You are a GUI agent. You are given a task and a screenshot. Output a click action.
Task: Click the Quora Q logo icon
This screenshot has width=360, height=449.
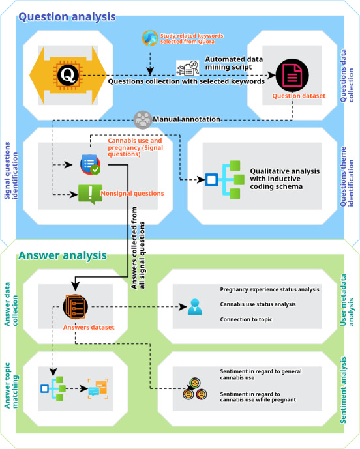coord(68,75)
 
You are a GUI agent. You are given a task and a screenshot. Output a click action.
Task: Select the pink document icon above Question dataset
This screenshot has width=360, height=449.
coord(292,76)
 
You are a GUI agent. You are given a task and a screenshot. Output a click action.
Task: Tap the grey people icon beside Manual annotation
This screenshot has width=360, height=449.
coord(142,120)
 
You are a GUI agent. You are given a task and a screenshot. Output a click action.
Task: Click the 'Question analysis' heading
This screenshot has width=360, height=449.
coord(67,16)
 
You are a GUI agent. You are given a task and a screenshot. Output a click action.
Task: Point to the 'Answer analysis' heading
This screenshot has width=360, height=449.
coord(63,255)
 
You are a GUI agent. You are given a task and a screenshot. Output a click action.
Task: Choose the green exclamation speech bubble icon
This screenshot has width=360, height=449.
coord(90,194)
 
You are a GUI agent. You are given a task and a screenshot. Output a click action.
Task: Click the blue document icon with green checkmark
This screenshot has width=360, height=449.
coord(90,164)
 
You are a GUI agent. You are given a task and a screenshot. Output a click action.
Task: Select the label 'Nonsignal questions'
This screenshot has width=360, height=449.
coord(132,194)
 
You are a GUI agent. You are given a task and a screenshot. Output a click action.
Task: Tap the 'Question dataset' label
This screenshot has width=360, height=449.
coord(299,96)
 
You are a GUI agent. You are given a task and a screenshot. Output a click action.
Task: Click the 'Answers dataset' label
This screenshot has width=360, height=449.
coord(89,327)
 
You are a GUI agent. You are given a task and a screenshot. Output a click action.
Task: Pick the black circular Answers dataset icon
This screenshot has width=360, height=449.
coord(76,306)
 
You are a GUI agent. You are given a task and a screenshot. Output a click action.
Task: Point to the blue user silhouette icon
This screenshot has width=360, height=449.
coord(195,307)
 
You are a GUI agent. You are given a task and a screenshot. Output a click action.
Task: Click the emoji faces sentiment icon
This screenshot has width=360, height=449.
coord(195,389)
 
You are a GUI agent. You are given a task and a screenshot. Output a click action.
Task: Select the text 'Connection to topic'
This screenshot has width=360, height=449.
coord(246,319)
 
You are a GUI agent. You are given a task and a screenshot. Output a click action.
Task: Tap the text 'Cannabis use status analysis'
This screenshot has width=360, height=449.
coord(258,304)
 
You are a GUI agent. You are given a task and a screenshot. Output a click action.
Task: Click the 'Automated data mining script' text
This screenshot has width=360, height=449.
coord(234,63)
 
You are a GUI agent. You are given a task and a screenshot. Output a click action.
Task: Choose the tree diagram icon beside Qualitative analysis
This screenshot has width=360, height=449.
coord(225,180)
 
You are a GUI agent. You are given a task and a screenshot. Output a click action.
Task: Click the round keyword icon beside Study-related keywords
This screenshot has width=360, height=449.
coord(150,38)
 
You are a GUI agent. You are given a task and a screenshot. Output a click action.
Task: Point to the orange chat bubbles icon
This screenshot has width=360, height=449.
coord(98,388)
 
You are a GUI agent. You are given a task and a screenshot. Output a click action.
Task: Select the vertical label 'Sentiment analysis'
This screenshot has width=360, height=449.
coord(343,390)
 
